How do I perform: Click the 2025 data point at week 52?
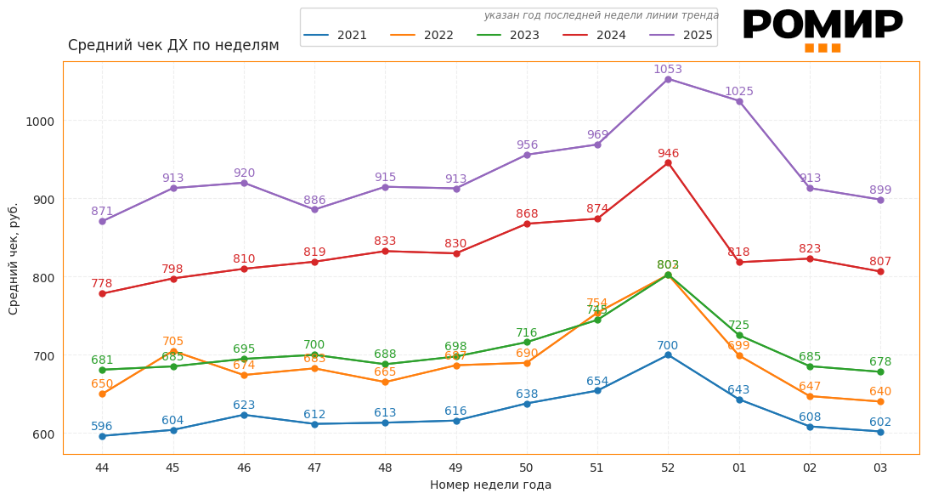pyautogui.click(x=668, y=79)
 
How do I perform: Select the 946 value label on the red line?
pyautogui.click(x=668, y=154)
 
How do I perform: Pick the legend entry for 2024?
pyautogui.click(x=594, y=36)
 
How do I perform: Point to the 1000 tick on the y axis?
pyautogui.click(x=39, y=122)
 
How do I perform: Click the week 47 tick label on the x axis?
pyautogui.click(x=314, y=468)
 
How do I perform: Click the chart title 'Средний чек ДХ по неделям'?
pyautogui.click(x=173, y=46)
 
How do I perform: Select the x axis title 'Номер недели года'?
pyautogui.click(x=490, y=485)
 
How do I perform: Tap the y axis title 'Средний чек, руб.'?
pyautogui.click(x=14, y=258)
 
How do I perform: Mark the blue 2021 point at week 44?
pyautogui.click(x=102, y=436)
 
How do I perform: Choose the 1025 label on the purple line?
pyautogui.click(x=738, y=92)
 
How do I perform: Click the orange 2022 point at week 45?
pyautogui.click(x=173, y=351)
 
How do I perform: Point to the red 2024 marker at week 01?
pyautogui.click(x=739, y=263)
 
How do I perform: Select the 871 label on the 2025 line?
pyautogui.click(x=102, y=212)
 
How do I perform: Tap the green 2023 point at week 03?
pyautogui.click(x=880, y=372)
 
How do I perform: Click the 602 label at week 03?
pyautogui.click(x=880, y=422)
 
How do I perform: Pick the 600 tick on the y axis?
pyautogui.click(x=42, y=434)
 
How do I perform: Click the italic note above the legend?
pyautogui.click(x=601, y=15)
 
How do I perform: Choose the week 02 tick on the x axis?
pyautogui.click(x=810, y=468)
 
